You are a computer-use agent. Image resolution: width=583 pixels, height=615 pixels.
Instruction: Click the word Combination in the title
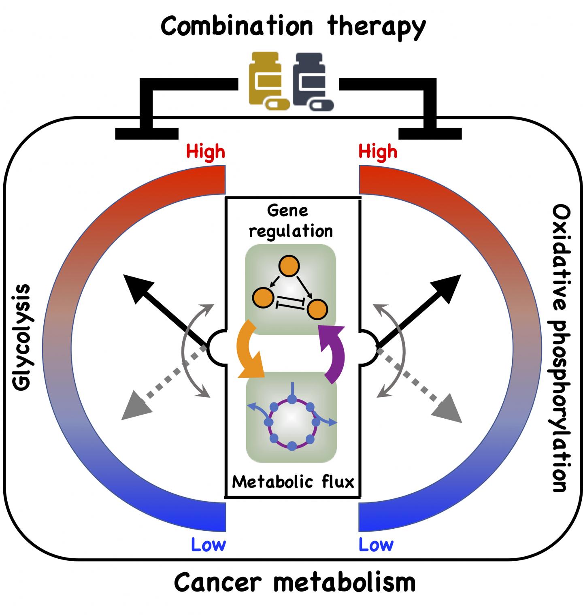click(237, 26)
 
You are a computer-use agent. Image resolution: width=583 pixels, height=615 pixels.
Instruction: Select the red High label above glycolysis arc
click(206, 152)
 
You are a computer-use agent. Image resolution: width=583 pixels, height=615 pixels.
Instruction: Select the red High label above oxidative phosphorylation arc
click(378, 152)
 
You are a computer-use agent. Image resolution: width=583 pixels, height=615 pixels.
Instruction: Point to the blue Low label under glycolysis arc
click(208, 545)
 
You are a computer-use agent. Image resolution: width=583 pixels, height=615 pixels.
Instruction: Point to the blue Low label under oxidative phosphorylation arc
click(376, 545)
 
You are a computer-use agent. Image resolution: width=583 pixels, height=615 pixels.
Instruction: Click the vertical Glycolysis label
click(22, 338)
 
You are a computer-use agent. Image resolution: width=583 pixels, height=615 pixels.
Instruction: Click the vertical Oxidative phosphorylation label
click(561, 348)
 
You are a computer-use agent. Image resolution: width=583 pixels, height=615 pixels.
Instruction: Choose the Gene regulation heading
click(291, 221)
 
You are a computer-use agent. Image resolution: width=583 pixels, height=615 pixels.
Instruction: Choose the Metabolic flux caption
click(293, 482)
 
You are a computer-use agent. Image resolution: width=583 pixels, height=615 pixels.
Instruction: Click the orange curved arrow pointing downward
click(248, 352)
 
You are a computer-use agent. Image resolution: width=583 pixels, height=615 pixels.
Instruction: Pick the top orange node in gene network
click(289, 266)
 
